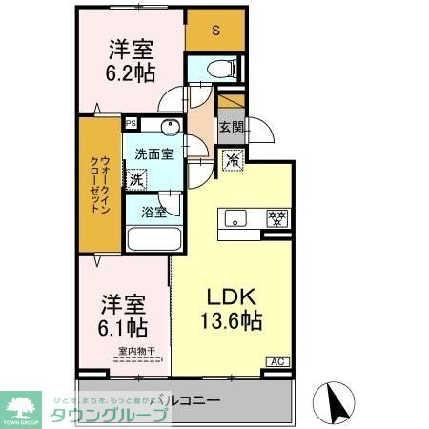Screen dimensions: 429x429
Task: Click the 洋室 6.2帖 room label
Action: (x=132, y=62)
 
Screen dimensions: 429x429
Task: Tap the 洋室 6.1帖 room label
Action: (x=124, y=317)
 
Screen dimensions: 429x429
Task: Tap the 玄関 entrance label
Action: (x=231, y=127)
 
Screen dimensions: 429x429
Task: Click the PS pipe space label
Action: (x=131, y=123)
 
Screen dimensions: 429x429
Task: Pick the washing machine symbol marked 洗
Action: (x=137, y=177)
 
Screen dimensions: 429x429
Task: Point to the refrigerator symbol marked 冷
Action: (x=231, y=161)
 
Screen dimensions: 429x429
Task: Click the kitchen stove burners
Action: (x=276, y=217)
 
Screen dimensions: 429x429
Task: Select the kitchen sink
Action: (x=235, y=218)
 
